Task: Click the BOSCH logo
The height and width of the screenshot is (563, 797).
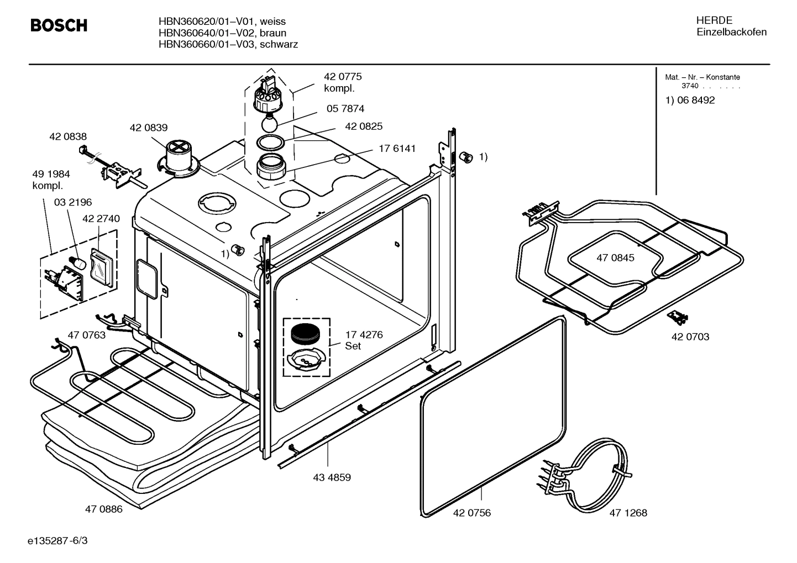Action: [59, 26]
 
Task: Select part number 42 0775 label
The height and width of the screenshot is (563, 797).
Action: [343, 77]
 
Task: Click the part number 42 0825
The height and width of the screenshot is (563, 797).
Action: [363, 127]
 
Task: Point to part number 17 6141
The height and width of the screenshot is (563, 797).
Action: [397, 149]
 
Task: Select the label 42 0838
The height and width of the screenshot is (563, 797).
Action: [67, 136]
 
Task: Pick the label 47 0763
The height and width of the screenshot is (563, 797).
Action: [86, 335]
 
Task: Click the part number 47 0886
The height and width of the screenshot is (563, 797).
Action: [103, 509]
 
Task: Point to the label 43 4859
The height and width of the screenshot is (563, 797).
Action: [332, 477]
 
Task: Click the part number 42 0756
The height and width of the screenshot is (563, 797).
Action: [471, 513]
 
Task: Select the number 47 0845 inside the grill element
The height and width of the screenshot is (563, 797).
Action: [615, 257]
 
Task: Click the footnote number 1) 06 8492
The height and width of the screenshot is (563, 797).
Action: [689, 101]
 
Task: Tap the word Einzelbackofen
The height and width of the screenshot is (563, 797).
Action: [731, 32]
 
